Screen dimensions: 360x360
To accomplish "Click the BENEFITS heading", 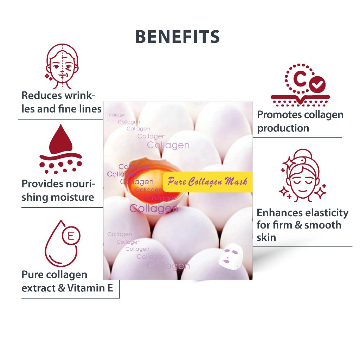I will [178, 37].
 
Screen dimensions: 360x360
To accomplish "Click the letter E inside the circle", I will [71, 236].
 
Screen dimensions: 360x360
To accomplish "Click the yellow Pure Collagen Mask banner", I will [207, 181].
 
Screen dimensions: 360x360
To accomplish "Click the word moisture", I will [73, 197].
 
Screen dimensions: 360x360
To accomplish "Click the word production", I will [283, 128].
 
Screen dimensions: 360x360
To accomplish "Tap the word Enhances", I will [279, 213].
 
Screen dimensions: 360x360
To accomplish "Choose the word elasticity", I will [326, 213].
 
